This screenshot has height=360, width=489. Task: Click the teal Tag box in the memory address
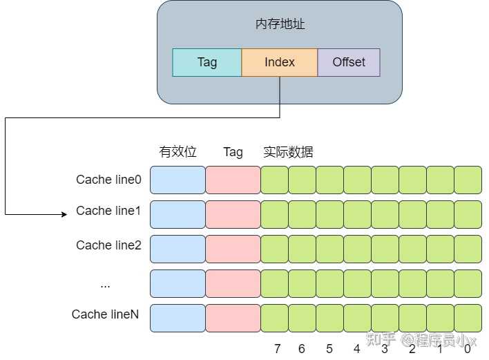tap(207, 62)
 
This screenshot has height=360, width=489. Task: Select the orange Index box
tap(279, 62)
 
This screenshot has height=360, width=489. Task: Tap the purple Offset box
tap(349, 62)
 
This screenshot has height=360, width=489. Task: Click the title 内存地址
tap(280, 24)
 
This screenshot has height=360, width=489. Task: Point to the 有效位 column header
tap(178, 152)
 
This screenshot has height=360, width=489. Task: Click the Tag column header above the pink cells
tap(233, 152)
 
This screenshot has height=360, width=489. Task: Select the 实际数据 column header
tap(288, 152)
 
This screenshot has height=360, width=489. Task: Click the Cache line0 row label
tap(108, 180)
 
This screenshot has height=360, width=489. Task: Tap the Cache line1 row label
tap(108, 211)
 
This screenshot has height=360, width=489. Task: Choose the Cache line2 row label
tap(108, 245)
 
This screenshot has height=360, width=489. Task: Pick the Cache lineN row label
tap(105, 314)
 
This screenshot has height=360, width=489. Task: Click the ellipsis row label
tap(105, 284)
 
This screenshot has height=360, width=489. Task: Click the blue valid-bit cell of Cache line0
tap(178, 180)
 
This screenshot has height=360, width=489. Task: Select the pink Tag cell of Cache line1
tap(233, 214)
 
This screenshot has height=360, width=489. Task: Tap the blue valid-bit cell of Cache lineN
tap(178, 318)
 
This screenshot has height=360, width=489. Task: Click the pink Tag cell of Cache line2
tap(233, 249)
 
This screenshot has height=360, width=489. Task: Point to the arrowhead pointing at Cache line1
tap(64, 214)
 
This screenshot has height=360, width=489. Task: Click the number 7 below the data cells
tap(277, 349)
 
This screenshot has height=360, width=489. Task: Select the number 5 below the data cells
tap(329, 349)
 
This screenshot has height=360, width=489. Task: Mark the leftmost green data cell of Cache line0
tap(274, 180)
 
